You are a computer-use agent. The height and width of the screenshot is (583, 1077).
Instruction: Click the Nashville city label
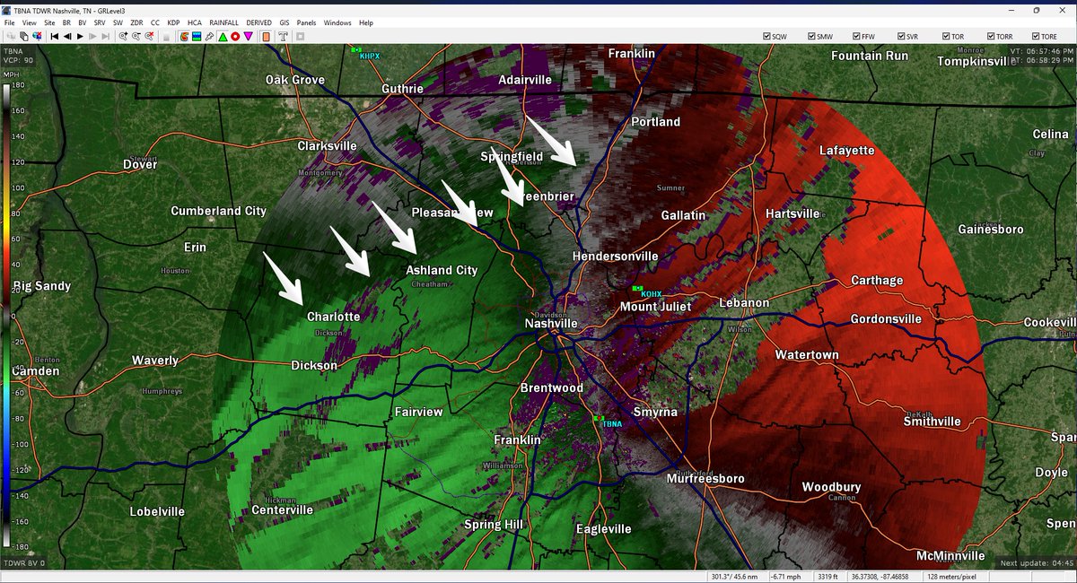551,323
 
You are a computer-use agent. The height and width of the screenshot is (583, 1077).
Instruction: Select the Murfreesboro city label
705,479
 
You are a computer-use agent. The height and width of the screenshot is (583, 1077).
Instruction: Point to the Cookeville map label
1050,323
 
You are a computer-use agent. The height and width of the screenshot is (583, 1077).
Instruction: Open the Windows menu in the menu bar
337,22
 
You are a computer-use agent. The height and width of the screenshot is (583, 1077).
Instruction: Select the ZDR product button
136,22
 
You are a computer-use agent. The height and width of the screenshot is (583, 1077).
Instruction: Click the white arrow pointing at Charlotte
285,278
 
